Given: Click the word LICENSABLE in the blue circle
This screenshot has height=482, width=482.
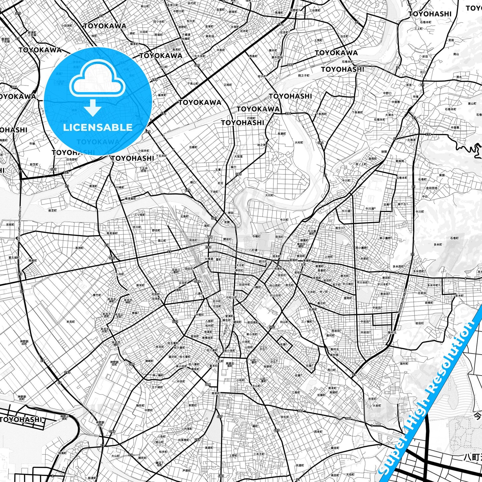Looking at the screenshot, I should pyautogui.click(x=98, y=127).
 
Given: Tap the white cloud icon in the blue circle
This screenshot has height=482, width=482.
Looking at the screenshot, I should pyautogui.click(x=97, y=80).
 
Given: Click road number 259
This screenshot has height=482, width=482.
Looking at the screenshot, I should pyautogui.click(x=197, y=440).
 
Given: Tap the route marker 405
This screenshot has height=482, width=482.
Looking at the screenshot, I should pyautogui.click(x=277, y=430).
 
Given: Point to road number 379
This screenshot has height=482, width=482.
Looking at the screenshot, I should pyautogui.click(x=428, y=134).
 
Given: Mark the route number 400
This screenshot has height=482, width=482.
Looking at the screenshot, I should pyautogui.click(x=197, y=65).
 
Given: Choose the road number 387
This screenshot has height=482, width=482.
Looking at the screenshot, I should pyautogui.click(x=214, y=218).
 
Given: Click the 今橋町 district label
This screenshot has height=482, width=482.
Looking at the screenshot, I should pyautogui.click(x=256, y=236).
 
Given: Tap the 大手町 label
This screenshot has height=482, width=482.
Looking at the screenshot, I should pyautogui.click(x=240, y=265).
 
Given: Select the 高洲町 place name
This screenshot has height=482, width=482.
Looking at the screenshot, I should pyautogui.click(x=79, y=248).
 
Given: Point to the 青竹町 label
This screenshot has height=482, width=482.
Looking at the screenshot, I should pyautogui.click(x=97, y=295).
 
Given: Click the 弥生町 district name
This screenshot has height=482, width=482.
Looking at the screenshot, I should pyautogui.click(x=285, y=417).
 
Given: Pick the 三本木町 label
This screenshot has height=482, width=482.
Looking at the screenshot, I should pyautogui.click(x=259, y=454).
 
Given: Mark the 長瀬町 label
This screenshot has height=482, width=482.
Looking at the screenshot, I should pyautogui.click(x=282, y=134).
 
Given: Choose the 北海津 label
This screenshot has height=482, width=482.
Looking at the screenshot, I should pyautogui.click(x=411, y=140).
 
